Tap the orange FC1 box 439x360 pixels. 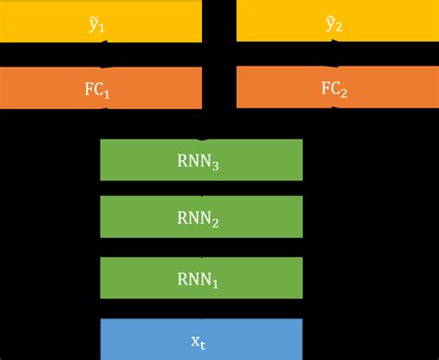(x=101, y=89)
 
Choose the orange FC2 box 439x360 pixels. (x=337, y=89)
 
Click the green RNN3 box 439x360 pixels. (x=201, y=160)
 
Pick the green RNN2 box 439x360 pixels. (x=201, y=219)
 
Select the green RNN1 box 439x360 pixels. (x=201, y=279)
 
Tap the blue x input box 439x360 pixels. (x=201, y=339)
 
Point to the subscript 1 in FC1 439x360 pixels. (x=113, y=93)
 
